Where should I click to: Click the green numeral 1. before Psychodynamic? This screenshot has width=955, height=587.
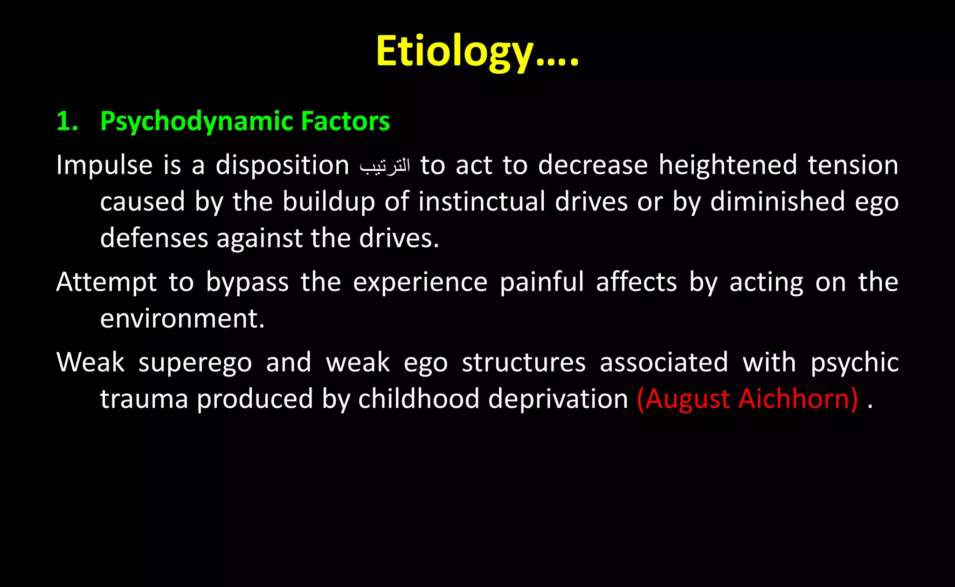pos(67,121)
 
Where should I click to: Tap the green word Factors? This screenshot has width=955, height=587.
pos(345,121)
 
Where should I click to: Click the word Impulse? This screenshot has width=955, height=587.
pos(104,165)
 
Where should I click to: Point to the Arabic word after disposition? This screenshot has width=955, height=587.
pos(385,166)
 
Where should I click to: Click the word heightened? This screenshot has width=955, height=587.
pos(727,165)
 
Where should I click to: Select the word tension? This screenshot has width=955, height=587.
pos(853,165)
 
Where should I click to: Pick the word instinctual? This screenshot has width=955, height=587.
pos(481,202)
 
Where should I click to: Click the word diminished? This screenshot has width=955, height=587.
pos(777,202)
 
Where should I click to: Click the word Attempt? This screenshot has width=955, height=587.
pos(106,282)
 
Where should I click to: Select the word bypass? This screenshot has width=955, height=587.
pos(247,283)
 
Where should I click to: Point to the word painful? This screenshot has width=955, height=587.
pos(542,282)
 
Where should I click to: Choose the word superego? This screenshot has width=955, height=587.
pos(195,363)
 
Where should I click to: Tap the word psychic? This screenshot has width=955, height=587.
pos(855,363)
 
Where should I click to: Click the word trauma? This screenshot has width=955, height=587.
pos(144,399)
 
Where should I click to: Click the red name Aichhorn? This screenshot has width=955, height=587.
pos(797,399)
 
